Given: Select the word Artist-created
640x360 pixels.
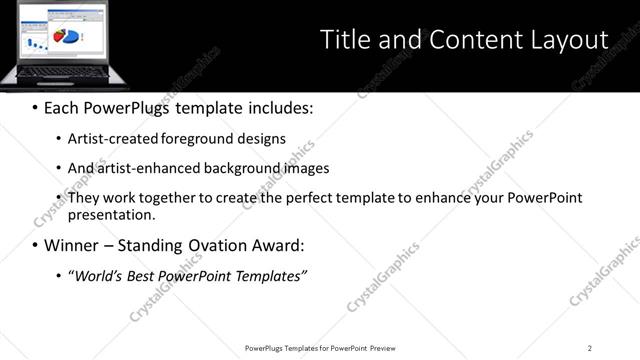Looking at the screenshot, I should (111, 139).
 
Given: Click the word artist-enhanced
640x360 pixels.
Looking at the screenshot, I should (148, 168).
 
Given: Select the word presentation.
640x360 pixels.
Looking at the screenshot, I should (111, 214).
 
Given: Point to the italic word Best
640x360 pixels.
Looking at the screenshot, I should (146, 275).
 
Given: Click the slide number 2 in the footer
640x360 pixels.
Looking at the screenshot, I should (590, 348).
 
